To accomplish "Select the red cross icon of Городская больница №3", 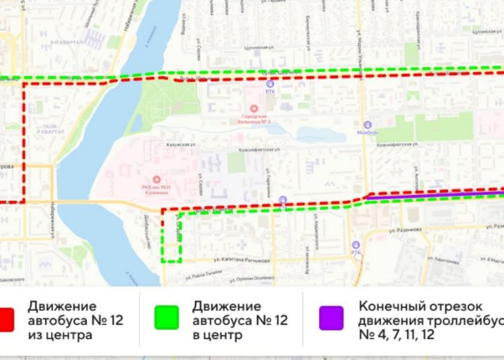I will tap(254, 107).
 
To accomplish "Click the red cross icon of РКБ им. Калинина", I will tap(157, 179).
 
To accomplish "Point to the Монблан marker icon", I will tap(368, 125).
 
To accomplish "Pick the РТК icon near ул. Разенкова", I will tap(355, 245).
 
